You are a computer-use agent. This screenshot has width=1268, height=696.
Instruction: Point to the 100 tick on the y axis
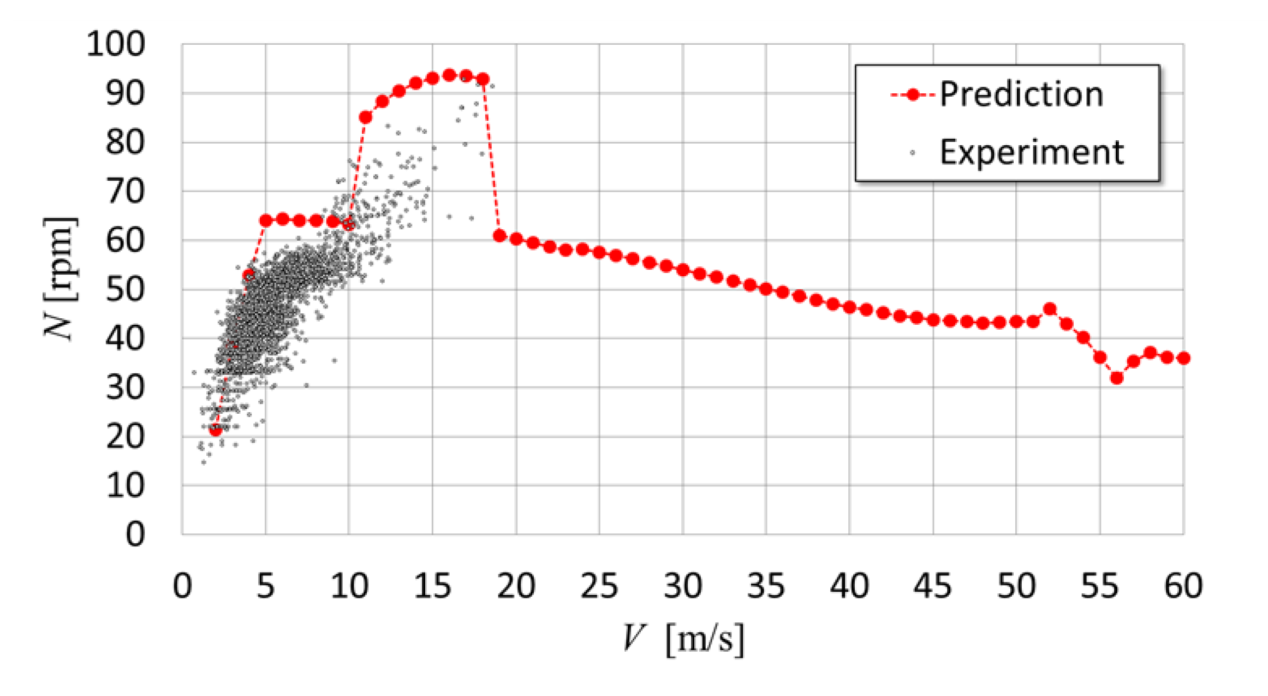[x=116, y=44]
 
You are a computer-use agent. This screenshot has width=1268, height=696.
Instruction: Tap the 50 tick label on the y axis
[x=125, y=289]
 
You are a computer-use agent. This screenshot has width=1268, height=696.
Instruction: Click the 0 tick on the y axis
[x=135, y=534]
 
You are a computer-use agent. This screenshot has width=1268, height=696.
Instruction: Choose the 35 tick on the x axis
[x=766, y=586]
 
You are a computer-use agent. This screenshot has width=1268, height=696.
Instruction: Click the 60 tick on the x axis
[x=1183, y=586]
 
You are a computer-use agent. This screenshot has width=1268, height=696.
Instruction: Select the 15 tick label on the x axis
[x=432, y=586]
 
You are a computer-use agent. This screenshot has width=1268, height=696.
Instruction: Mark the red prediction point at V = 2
[x=216, y=430]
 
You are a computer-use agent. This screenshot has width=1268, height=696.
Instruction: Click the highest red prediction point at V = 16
[x=449, y=75]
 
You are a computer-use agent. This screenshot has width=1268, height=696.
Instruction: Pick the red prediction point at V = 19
[x=499, y=236]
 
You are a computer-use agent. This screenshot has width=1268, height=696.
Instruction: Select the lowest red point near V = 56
[x=1117, y=378]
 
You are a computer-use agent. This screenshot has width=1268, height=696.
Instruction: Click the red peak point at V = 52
[x=1050, y=309]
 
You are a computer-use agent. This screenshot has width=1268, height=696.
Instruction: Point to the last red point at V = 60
[x=1183, y=358]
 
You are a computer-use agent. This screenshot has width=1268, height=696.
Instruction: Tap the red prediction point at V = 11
[x=366, y=117]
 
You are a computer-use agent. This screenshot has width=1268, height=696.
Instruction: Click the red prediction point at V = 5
[x=266, y=221]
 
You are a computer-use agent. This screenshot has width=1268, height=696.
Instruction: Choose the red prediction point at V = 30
[x=683, y=270]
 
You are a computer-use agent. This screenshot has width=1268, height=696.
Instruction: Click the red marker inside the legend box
[x=913, y=94]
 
